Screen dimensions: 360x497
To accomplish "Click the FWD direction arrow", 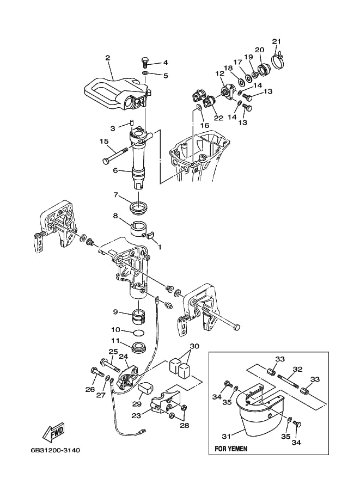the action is point(54,432).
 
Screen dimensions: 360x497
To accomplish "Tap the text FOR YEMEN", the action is point(231,449).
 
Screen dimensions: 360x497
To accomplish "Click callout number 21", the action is point(277,41).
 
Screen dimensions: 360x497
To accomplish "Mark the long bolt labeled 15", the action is point(114,155).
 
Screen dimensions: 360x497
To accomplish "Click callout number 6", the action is point(115,170).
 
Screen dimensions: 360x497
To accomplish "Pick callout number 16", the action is point(205,125).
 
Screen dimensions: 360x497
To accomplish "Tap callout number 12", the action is point(220,73).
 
